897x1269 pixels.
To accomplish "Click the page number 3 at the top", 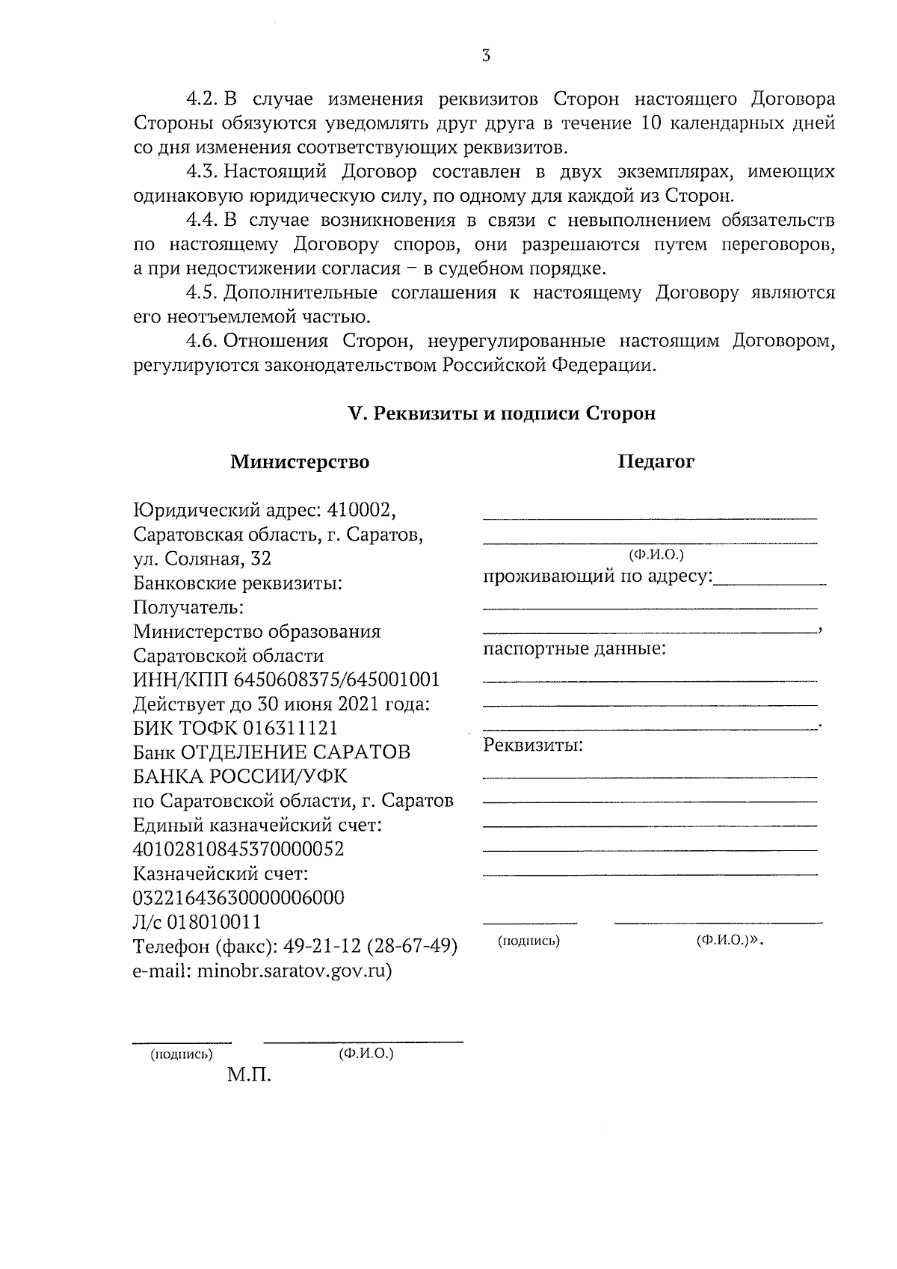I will point(486,55).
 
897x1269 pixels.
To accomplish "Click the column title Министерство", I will point(299,462).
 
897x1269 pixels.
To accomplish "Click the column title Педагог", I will point(656,461).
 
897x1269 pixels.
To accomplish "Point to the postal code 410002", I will point(361,511).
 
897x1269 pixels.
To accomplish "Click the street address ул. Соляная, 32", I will point(202,559).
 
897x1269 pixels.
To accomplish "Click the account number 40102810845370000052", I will point(238,849).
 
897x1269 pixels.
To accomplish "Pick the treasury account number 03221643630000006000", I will point(238,897).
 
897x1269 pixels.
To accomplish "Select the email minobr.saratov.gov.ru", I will point(293,971).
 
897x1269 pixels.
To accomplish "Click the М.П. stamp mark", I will point(249,1076).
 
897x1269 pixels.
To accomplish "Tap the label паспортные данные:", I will point(574,648).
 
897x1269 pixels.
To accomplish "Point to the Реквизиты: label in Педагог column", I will point(533,746).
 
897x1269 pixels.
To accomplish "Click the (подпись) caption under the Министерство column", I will point(182,1054).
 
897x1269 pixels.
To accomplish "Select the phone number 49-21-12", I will point(320,946).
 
